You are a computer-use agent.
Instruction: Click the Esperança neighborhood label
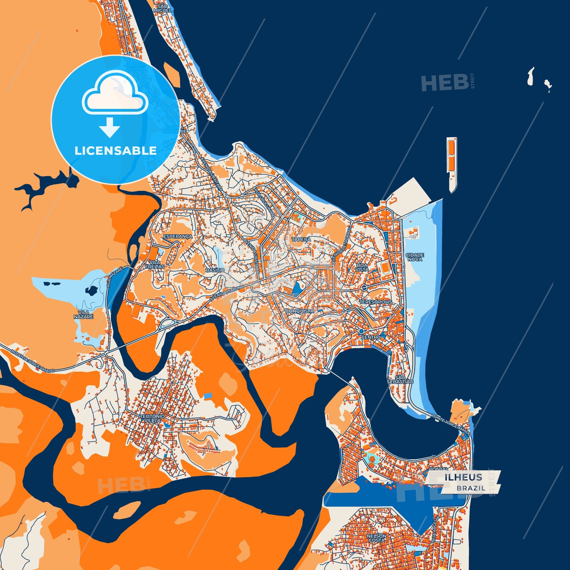[178, 236]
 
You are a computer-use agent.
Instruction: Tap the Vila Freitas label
[155, 265]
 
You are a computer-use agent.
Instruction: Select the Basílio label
[215, 270]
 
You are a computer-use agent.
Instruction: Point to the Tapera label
[301, 239]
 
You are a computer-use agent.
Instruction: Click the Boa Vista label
[362, 267]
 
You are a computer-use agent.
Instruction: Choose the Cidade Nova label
[415, 257]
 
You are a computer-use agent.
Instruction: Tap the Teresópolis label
[376, 302]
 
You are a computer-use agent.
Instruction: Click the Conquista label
[300, 311]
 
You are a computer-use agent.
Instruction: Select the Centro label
[371, 337]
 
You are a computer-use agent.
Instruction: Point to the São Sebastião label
[400, 380]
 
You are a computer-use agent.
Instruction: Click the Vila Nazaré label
[84, 314]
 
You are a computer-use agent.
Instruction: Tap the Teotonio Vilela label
[152, 419]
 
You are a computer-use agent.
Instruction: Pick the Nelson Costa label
[376, 538]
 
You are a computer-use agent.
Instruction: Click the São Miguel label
[164, 8]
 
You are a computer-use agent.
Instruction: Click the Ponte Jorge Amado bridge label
[451, 425]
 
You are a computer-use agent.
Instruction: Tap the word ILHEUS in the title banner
[463, 477]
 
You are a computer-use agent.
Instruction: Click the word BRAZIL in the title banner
[471, 488]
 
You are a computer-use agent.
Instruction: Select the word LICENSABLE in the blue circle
[116, 151]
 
